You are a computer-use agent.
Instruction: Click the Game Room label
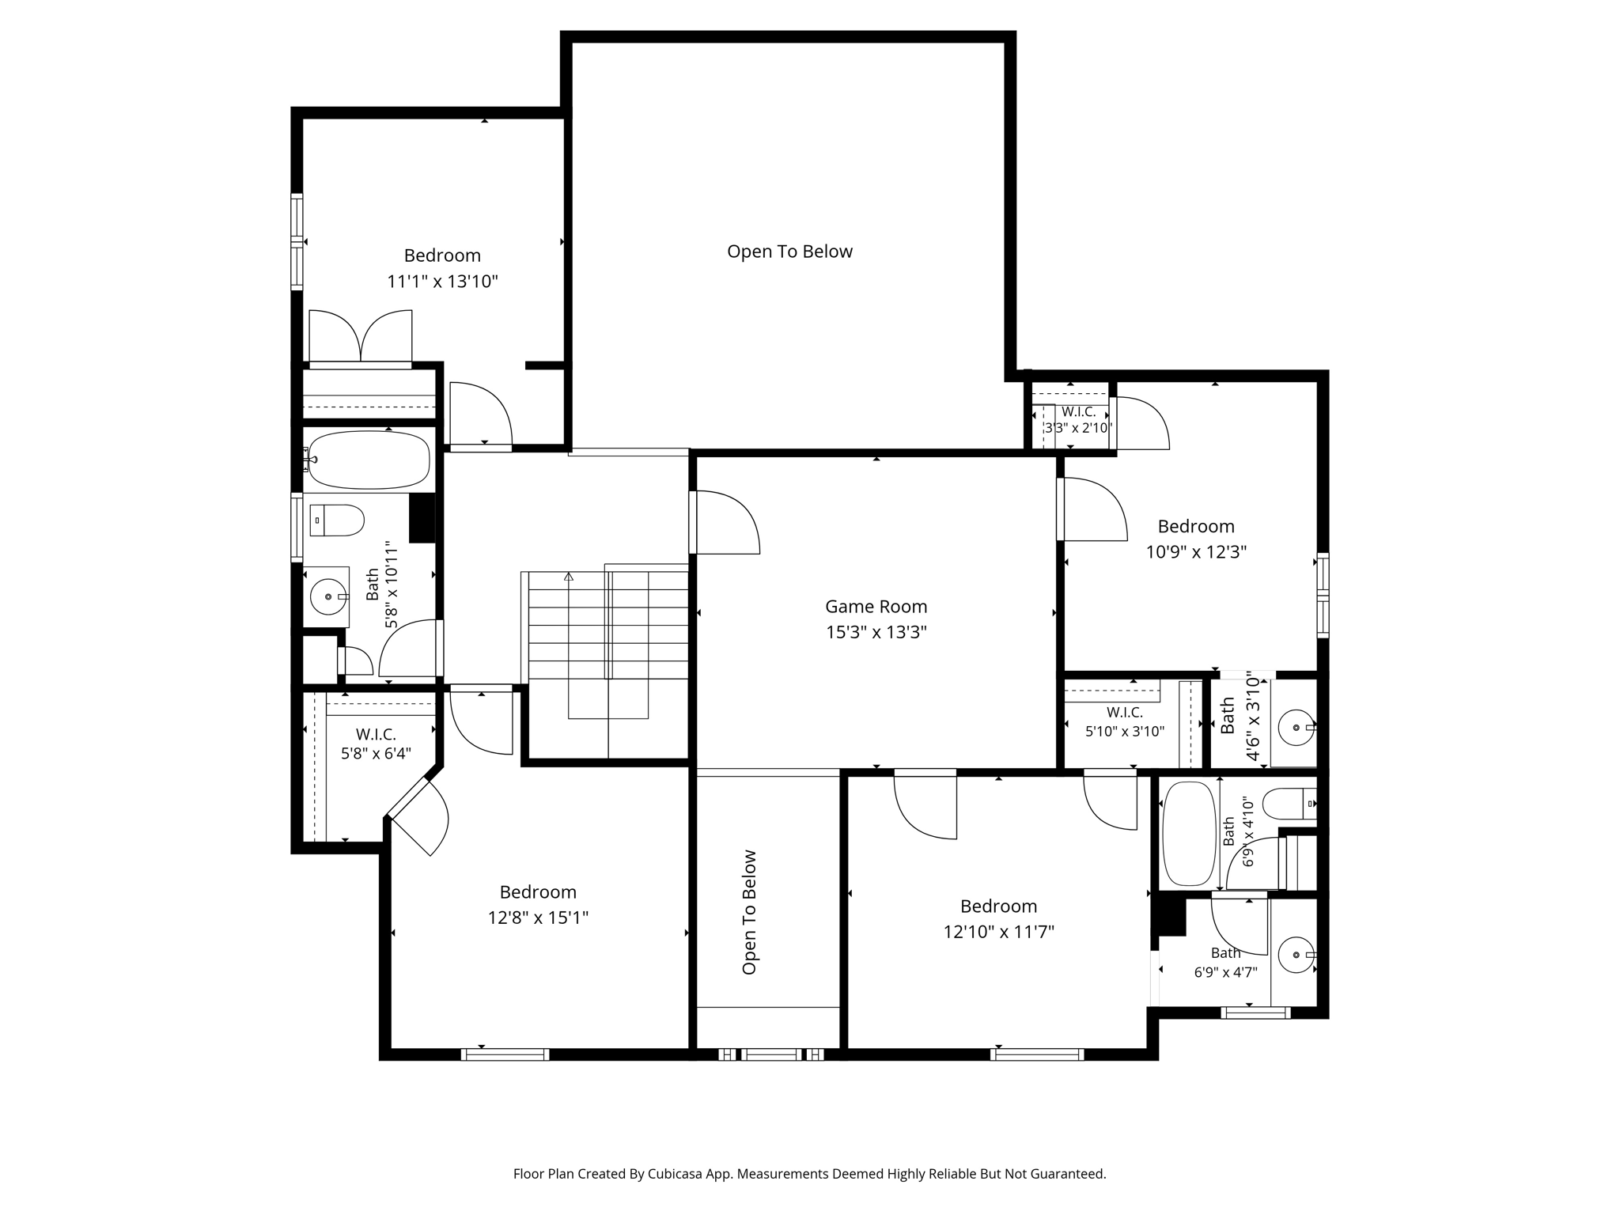tap(876, 607)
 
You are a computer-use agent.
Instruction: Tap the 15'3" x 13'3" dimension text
tap(876, 632)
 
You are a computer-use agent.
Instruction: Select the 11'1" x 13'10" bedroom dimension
tap(442, 282)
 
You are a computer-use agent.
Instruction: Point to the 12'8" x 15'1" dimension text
tap(538, 918)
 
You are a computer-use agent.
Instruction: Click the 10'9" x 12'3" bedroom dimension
tap(1196, 551)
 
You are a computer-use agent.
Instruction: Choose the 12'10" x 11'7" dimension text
tap(998, 932)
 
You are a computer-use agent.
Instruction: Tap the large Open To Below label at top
tap(789, 252)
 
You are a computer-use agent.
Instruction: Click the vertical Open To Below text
tap(749, 912)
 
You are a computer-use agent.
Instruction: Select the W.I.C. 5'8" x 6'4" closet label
tap(376, 744)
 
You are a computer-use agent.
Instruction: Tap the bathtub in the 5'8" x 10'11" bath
tap(369, 460)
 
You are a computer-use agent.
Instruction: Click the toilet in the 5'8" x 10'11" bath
tap(337, 520)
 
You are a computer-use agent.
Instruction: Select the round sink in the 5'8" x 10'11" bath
tap(327, 596)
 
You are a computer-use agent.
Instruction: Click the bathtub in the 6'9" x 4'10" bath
tap(1190, 834)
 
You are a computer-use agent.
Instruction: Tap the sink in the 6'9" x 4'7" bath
tap(1296, 955)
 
